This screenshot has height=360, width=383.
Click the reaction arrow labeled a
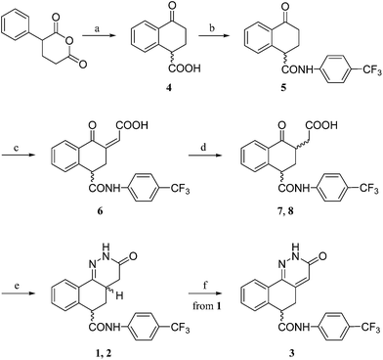100,36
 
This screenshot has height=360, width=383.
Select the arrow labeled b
216,36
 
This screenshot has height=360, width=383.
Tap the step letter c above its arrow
18,148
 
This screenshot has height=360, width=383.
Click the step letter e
18,286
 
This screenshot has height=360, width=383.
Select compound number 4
169,88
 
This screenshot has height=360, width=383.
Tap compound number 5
283,88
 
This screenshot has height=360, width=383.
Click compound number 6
100,211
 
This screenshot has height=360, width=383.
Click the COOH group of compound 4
184,68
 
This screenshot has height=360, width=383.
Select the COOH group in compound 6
131,125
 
